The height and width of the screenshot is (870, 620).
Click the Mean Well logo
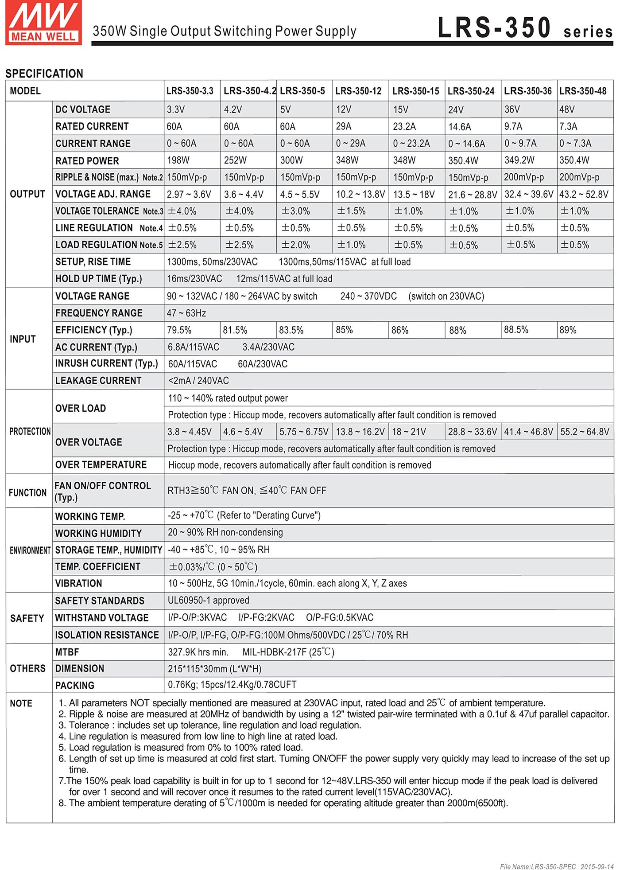(x=43, y=22)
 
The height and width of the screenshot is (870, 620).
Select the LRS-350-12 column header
(x=358, y=91)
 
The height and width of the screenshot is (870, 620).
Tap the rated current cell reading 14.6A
(x=460, y=127)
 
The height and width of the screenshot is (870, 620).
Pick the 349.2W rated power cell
(x=519, y=160)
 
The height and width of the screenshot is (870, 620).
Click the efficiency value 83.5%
(x=291, y=330)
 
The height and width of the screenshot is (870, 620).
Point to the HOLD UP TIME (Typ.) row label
(x=98, y=279)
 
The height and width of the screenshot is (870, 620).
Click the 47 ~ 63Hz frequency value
(x=186, y=313)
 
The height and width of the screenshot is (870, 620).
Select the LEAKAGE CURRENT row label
(x=98, y=381)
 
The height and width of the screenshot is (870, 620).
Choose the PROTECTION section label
(x=30, y=431)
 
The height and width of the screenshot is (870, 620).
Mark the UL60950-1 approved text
(x=208, y=601)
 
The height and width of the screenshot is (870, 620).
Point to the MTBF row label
(x=67, y=652)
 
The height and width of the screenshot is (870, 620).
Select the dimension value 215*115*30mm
(x=214, y=669)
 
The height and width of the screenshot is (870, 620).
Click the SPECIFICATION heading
(x=44, y=74)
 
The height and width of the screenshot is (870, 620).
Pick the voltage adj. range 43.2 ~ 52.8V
(x=584, y=195)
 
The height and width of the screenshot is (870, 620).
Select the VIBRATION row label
(x=78, y=584)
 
